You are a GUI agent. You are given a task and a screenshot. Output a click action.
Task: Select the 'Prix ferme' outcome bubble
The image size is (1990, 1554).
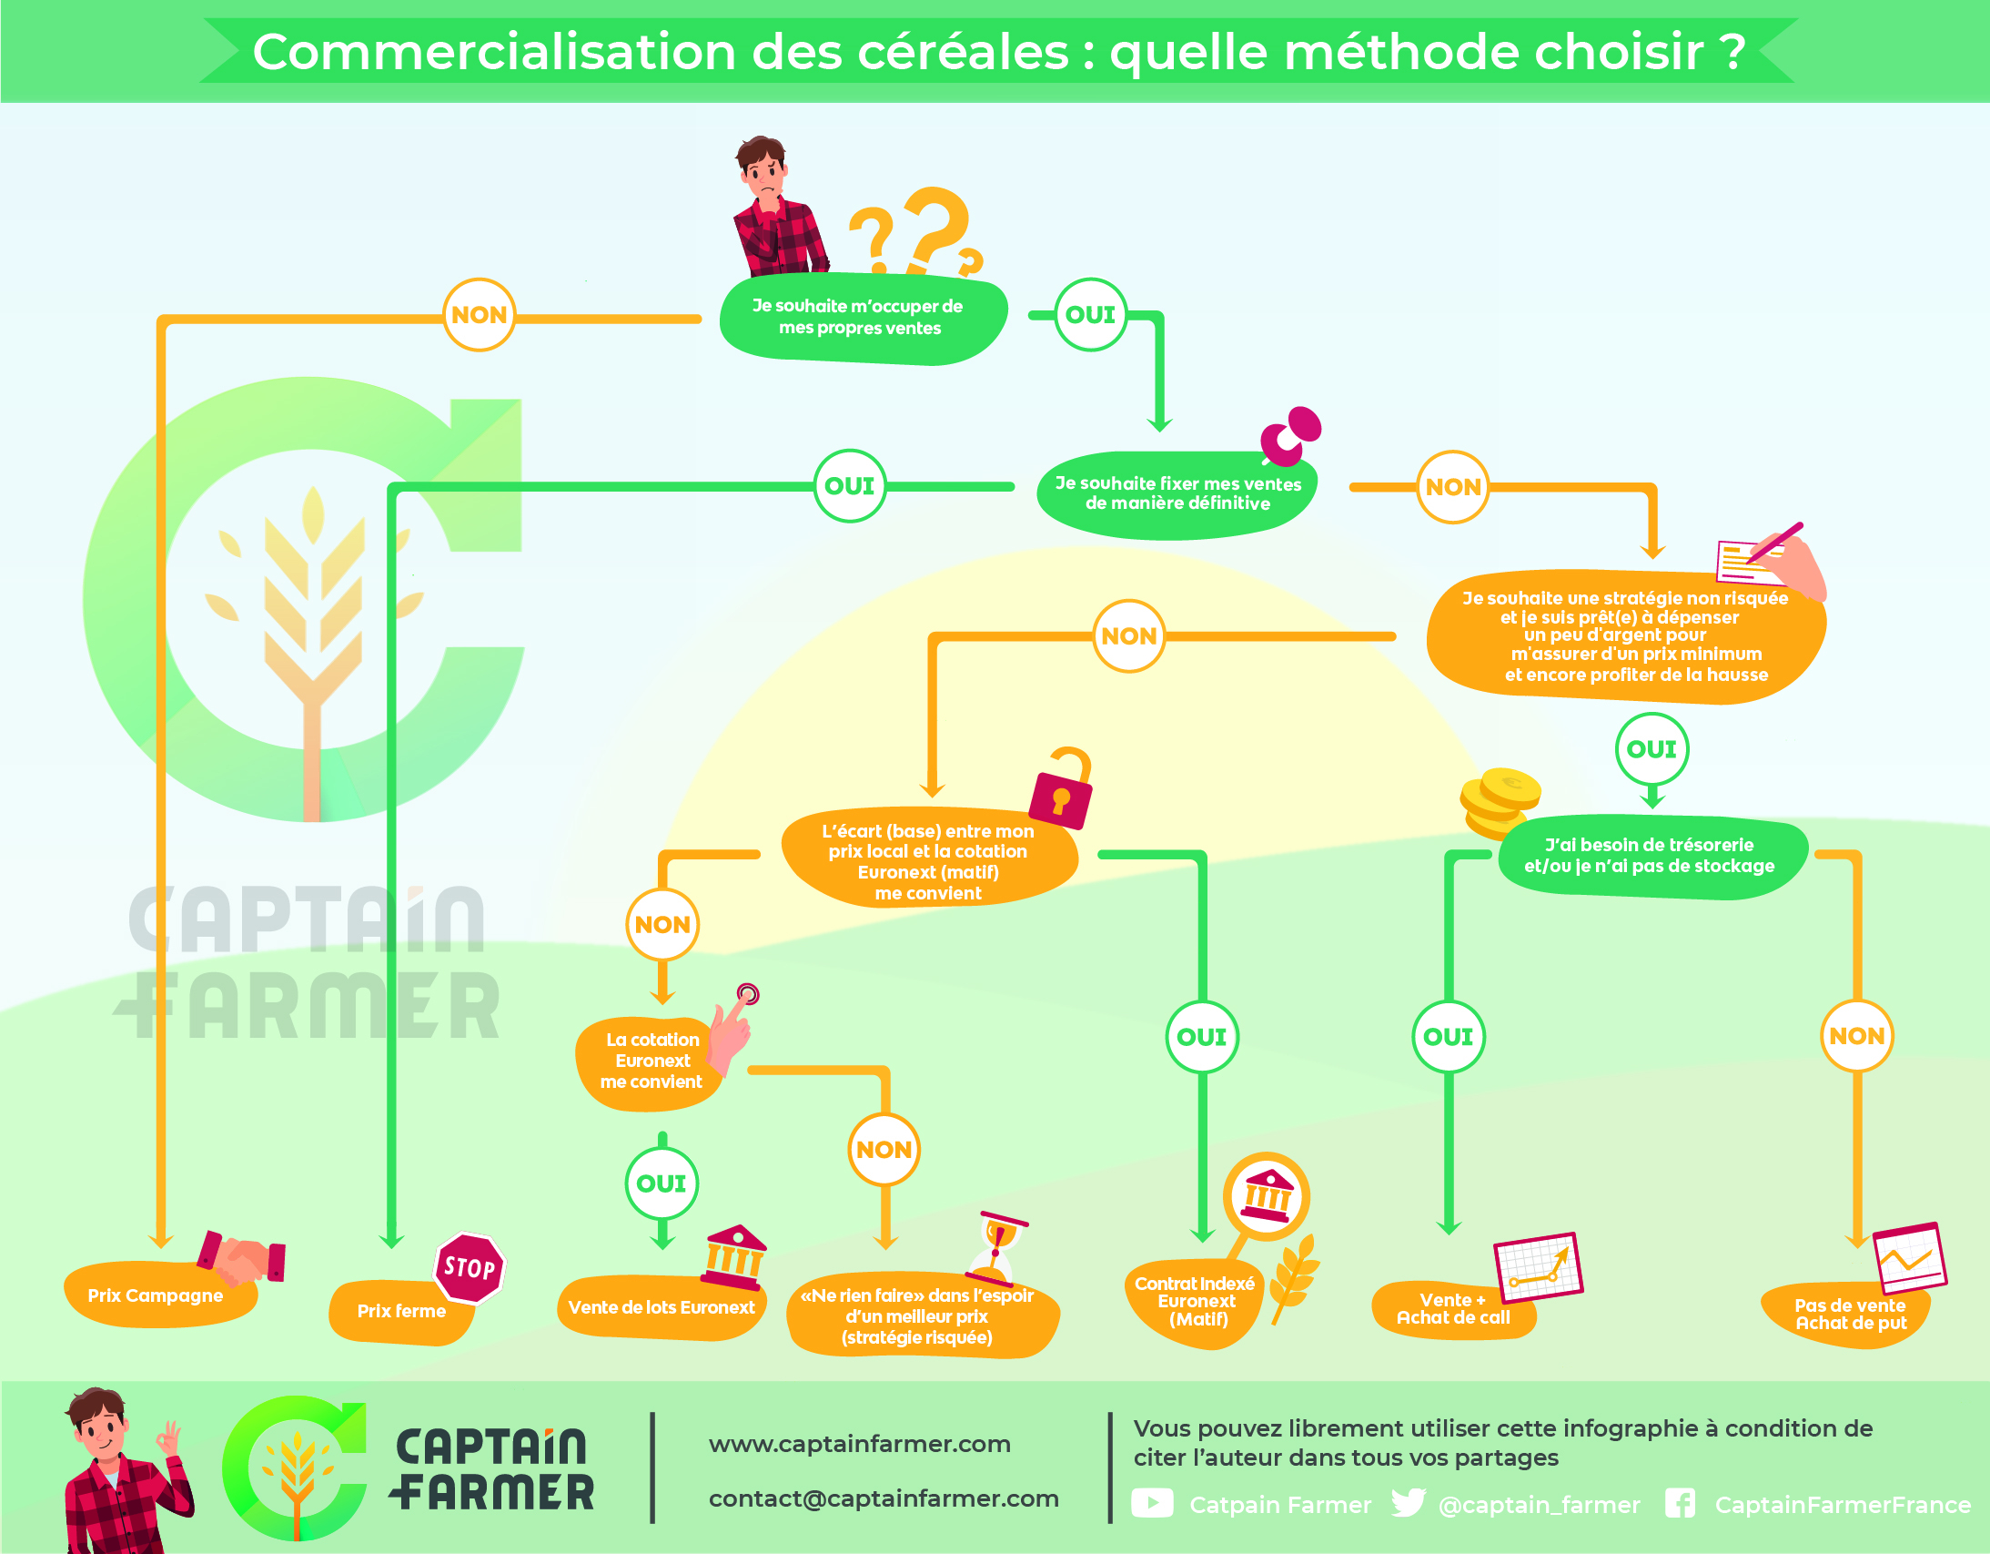point(401,1312)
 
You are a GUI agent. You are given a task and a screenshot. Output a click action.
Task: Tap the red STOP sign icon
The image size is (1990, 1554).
point(470,1268)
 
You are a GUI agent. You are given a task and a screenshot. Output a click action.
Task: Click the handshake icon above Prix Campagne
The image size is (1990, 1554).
point(241,1257)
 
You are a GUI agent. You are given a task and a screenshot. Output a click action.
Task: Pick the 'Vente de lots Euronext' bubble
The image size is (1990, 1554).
point(662,1308)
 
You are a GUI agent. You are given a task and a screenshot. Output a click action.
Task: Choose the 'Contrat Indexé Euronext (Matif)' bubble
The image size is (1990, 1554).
point(1195,1302)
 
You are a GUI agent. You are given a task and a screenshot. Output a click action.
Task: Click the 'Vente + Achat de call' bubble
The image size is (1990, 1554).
point(1454,1310)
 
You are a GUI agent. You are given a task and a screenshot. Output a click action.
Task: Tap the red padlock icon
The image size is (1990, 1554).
point(1062,789)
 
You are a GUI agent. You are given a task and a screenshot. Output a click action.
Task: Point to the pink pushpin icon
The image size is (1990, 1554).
point(1290,435)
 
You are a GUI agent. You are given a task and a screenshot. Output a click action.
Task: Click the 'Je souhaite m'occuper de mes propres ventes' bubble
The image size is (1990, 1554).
point(862,317)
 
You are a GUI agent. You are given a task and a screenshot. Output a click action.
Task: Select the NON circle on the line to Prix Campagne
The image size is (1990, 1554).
point(480,314)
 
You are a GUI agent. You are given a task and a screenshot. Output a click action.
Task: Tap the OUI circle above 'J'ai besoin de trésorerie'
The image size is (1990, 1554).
point(1652,749)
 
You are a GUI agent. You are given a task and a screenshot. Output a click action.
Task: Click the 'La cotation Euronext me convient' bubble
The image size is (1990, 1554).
point(651,1061)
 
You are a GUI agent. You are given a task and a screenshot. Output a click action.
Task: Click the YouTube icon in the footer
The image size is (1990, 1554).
point(1152,1503)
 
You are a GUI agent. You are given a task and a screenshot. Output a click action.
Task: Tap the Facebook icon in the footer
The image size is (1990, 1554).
point(1681,1503)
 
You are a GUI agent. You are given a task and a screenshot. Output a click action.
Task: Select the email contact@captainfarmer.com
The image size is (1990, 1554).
point(884,1499)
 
